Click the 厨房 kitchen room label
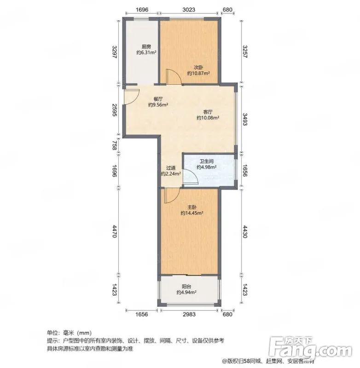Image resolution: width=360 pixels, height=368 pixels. point(146,47)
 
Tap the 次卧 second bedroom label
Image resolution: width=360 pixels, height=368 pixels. point(198,67)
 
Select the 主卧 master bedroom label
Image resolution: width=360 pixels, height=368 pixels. point(192,207)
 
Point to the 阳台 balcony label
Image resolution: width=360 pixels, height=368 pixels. point(186,286)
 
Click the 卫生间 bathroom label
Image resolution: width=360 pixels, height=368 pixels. point(206,161)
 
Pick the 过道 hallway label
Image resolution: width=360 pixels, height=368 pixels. point(171,168)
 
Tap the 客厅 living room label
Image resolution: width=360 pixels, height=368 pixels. point(208,112)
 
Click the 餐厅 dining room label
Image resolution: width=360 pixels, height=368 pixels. point(158,99)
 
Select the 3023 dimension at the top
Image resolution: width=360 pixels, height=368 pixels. point(189,10)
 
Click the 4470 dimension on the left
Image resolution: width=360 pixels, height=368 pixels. point(114,231)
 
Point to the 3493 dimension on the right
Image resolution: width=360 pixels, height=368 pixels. point(245,119)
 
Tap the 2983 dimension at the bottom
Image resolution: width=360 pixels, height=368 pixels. point(189,314)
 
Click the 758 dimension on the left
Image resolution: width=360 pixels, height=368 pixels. point(114,145)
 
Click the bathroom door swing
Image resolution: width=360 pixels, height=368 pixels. point(190,176)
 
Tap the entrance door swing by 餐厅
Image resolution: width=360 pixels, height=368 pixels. point(132,97)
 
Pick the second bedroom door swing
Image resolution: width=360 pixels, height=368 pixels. point(173,76)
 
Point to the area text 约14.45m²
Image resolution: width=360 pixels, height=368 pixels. point(192,213)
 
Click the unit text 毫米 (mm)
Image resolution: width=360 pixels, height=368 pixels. point(77,333)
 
